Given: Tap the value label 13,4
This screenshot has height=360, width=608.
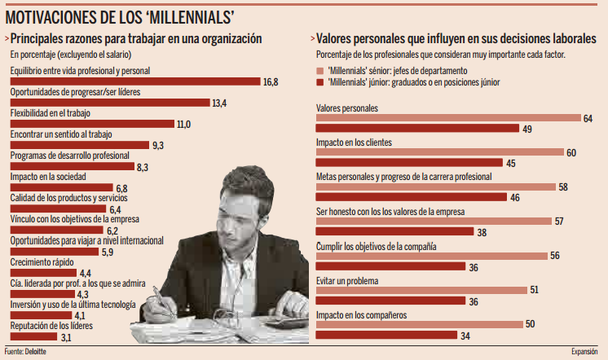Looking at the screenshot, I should [x=218, y=103].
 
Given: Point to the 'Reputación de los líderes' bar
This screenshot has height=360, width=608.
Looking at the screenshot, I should [x=33, y=336].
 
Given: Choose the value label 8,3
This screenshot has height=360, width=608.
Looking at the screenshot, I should [x=142, y=166].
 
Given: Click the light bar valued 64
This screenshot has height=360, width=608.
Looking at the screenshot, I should [x=447, y=119].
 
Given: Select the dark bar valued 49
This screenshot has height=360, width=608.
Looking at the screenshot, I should [x=416, y=129].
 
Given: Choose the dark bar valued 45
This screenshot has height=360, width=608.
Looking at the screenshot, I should [x=408, y=163].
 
